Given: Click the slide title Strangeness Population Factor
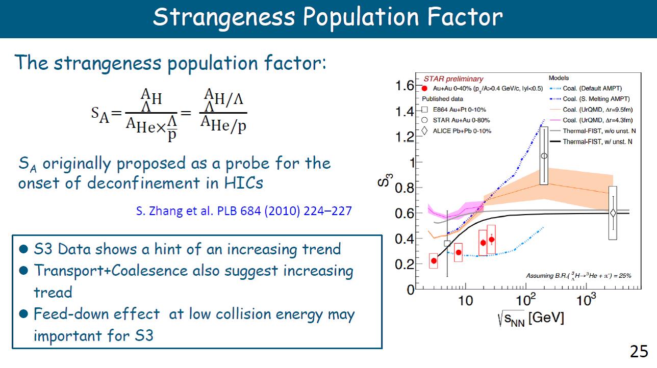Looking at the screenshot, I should [328, 17].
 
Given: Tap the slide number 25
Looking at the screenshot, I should [639, 351].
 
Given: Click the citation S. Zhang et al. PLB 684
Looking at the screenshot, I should [244, 211].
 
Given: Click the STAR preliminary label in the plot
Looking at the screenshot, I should [453, 79].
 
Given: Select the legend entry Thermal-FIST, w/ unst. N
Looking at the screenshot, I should [597, 142].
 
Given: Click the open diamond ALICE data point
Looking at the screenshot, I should [613, 213].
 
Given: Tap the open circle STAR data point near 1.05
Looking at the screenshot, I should [544, 156].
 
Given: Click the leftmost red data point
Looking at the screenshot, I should [434, 261].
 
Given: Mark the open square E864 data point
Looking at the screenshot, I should [447, 243].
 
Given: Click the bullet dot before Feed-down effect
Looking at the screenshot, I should [22, 314].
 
